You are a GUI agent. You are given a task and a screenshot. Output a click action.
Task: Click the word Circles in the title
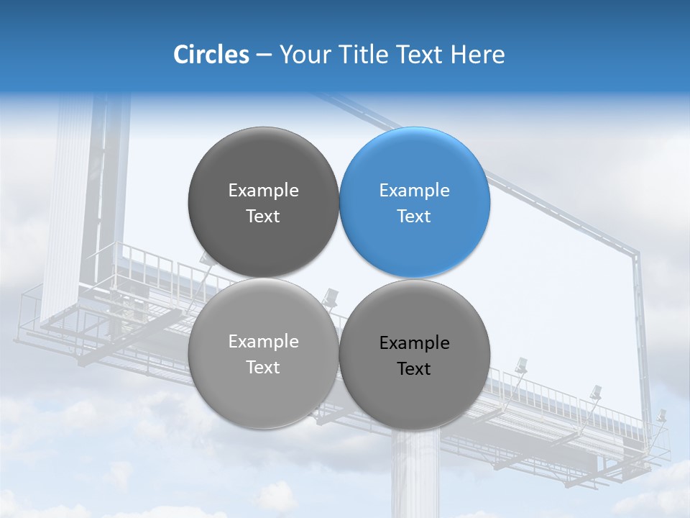(x=211, y=55)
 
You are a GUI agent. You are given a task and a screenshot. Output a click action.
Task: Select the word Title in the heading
(x=364, y=55)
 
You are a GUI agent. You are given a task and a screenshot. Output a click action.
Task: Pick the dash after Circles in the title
(x=264, y=55)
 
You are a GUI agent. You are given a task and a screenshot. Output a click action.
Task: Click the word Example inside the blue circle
(x=414, y=191)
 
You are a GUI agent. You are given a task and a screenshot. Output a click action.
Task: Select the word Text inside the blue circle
(x=414, y=217)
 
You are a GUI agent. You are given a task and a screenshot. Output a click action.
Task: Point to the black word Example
(x=414, y=343)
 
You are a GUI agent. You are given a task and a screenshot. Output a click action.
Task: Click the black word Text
(x=414, y=369)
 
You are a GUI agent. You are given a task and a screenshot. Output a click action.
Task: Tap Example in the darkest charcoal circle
(x=263, y=191)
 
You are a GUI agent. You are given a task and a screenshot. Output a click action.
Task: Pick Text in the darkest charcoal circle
(x=263, y=217)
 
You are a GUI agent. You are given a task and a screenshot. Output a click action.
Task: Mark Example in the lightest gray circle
(x=263, y=342)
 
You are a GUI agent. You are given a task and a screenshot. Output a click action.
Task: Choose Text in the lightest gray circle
(x=263, y=368)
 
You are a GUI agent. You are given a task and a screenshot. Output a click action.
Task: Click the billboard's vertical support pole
(x=415, y=475)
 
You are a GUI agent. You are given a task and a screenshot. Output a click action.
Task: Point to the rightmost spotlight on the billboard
(x=661, y=416)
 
